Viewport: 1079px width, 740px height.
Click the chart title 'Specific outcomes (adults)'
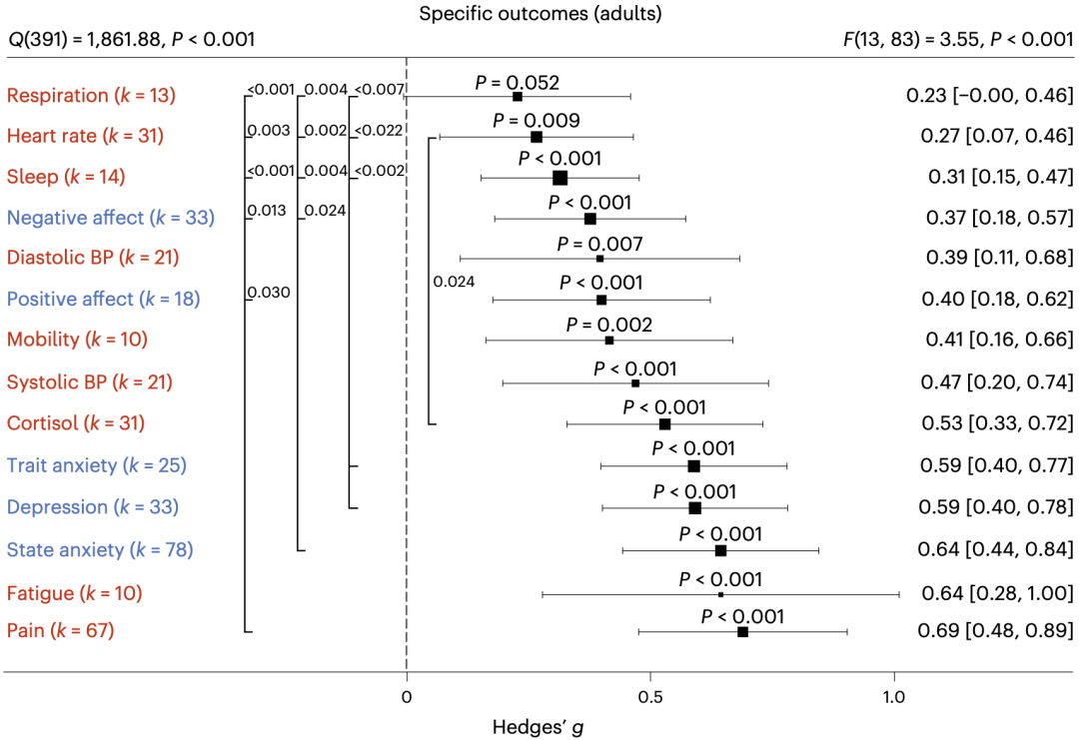click(540, 14)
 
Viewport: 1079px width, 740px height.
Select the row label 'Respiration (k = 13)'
click(91, 96)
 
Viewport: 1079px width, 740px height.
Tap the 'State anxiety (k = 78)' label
click(100, 549)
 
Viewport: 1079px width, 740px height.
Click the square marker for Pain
click(742, 632)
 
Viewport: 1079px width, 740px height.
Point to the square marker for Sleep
click(559, 177)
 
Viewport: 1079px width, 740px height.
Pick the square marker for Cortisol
click(664, 424)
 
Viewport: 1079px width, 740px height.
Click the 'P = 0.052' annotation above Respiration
click(517, 82)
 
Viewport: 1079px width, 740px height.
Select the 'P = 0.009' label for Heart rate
click(536, 121)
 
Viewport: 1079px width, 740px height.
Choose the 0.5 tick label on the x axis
click(649, 696)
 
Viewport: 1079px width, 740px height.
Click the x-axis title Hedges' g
click(538, 726)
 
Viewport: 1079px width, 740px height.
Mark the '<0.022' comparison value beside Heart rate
click(379, 131)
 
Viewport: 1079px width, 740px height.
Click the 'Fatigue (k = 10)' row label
click(74, 593)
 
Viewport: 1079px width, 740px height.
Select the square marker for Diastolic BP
click(599, 259)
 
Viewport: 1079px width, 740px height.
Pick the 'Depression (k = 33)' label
click(92, 506)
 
